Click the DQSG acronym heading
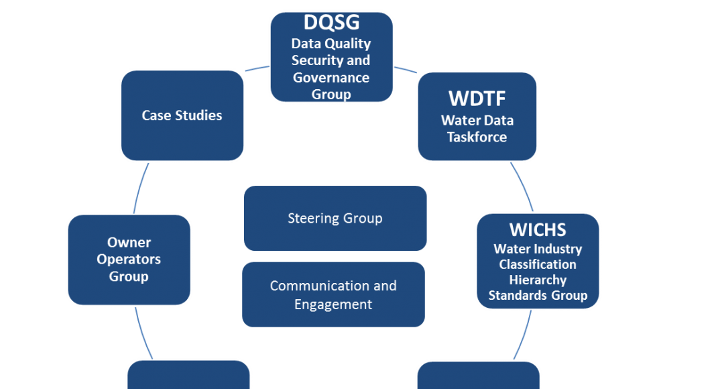tap(331, 23)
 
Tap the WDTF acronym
tap(477, 98)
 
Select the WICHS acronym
tap(538, 229)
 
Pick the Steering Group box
tap(335, 219)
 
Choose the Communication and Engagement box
tap(333, 294)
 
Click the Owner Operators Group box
tap(129, 260)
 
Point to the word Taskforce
tap(477, 137)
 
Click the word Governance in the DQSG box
tap(331, 77)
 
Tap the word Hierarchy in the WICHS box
tap(538, 280)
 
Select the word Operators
tap(129, 259)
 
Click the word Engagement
tap(333, 304)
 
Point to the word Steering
tap(312, 219)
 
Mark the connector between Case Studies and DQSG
tap(256, 68)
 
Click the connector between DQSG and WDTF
tap(405, 68)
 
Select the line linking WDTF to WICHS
tap(523, 186)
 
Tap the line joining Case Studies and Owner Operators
tap(140, 188)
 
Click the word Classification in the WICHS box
tap(538, 264)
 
